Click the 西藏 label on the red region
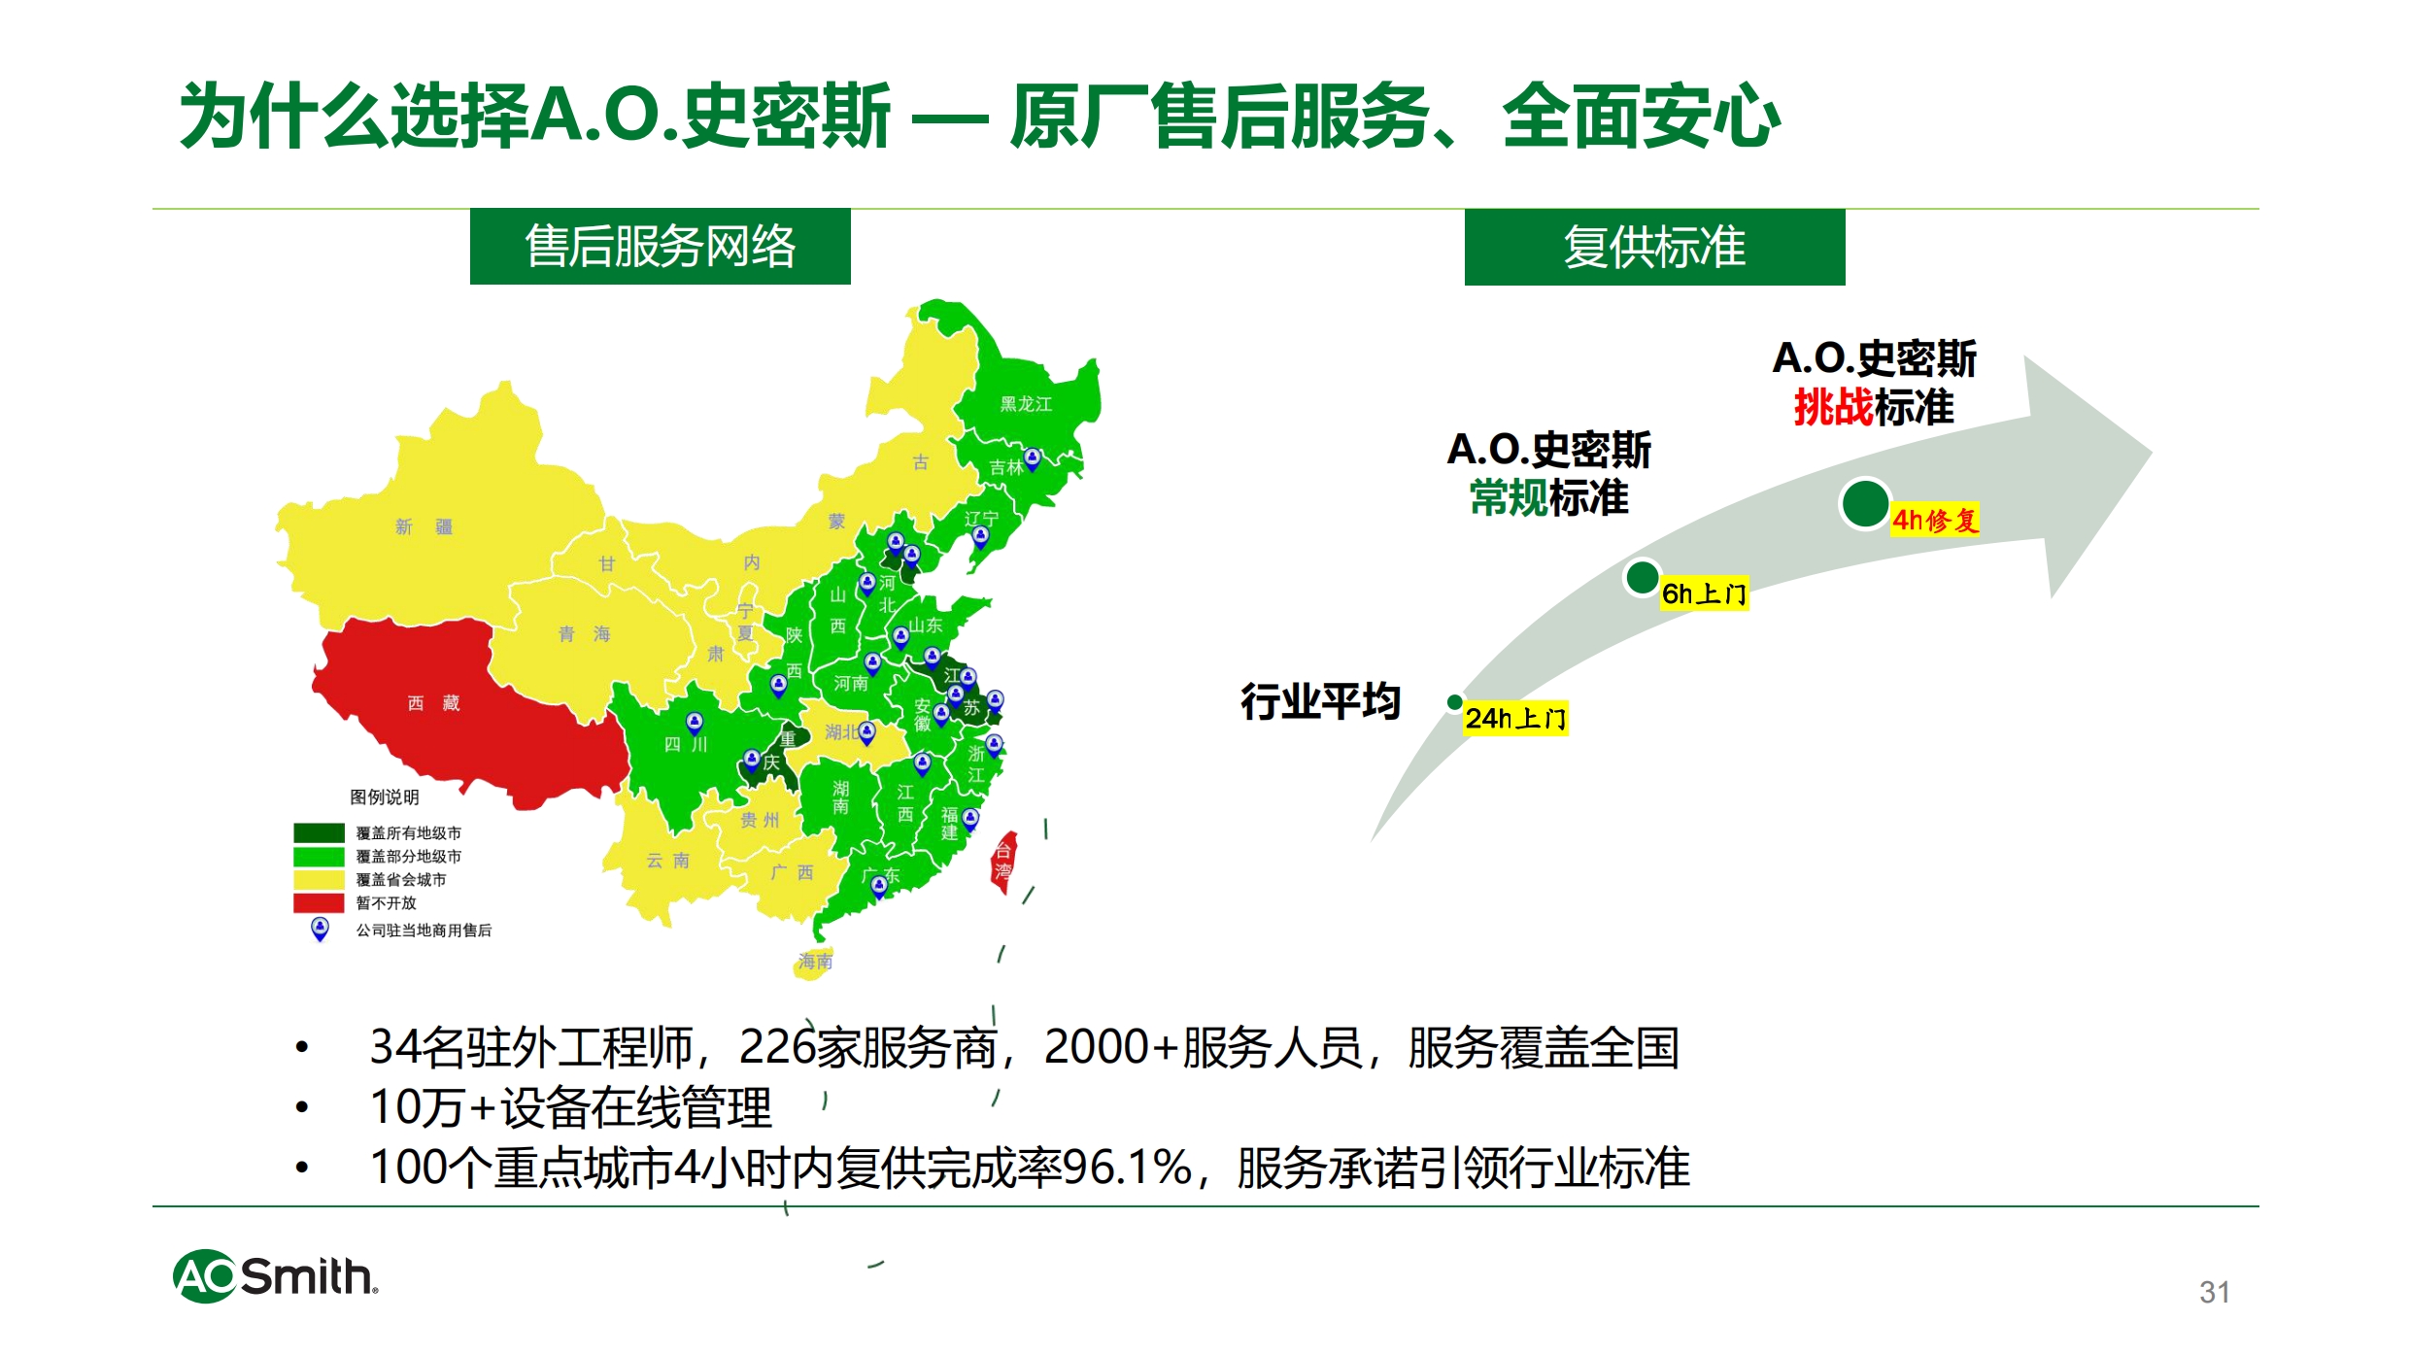433,702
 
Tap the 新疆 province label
424,526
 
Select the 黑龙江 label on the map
1026,404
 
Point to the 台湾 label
1002,861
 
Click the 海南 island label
815,961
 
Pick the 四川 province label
686,745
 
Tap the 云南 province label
668,861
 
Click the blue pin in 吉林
1033,458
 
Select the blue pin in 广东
879,886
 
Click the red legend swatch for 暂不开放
319,902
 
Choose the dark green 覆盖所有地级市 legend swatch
319,832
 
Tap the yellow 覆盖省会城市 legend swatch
319,879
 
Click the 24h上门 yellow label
1515,719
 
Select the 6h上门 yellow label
1704,593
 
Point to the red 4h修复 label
1934,520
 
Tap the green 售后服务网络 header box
661,247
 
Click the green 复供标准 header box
1655,247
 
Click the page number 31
2215,1292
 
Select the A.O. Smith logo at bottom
276,1276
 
